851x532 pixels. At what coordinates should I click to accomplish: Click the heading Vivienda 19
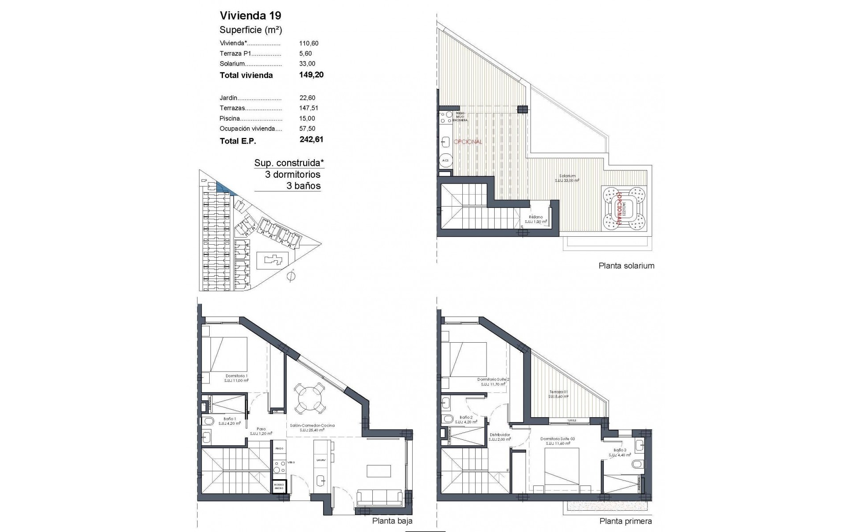(x=250, y=16)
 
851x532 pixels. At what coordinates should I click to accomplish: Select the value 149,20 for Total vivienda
(x=311, y=75)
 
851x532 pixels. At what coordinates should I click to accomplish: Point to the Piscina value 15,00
(x=307, y=118)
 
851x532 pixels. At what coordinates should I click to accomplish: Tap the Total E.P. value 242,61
(x=311, y=140)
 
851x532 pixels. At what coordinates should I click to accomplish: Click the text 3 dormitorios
(x=293, y=175)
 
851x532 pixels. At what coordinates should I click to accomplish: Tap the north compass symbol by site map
(x=291, y=276)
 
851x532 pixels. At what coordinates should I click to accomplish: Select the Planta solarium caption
(x=626, y=266)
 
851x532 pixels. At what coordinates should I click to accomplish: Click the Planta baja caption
(x=392, y=521)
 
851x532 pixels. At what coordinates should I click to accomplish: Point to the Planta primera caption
(x=625, y=521)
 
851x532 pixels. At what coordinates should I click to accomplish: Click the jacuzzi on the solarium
(x=625, y=208)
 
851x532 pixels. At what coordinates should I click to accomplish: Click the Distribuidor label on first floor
(x=500, y=435)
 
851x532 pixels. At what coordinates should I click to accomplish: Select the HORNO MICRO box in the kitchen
(x=279, y=486)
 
